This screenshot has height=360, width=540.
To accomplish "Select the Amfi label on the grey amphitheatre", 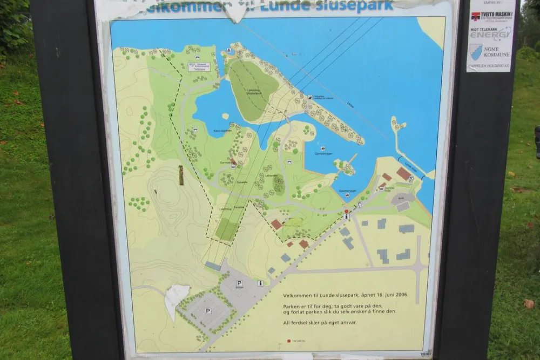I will click(x=401, y=198).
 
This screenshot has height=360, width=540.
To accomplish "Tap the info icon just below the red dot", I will click(x=346, y=217).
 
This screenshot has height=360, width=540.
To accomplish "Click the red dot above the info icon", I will click(x=346, y=211).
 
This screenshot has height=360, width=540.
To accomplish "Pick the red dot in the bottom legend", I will click(x=289, y=341).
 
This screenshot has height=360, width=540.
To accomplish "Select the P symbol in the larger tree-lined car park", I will click(x=207, y=310).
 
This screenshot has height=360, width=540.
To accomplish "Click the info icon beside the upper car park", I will click(x=260, y=283).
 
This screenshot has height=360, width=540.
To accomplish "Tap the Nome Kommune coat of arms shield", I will click(x=476, y=52).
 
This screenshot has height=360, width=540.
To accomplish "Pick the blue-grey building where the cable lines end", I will click(x=213, y=266).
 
